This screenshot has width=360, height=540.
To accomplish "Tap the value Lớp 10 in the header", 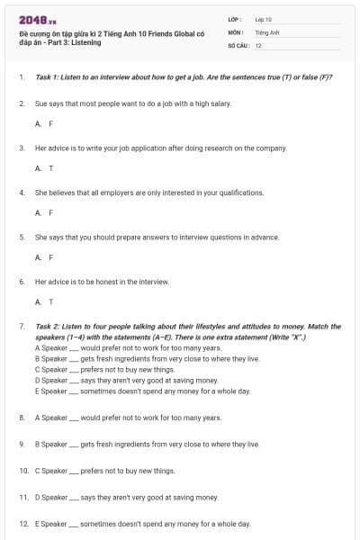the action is coord(263,18).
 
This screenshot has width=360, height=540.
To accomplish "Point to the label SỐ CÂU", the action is coord(237,44).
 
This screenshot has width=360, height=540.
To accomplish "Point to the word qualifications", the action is coord(238,193).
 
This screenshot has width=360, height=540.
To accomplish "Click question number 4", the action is coord(22,193).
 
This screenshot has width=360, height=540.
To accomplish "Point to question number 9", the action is coord(22,444).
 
